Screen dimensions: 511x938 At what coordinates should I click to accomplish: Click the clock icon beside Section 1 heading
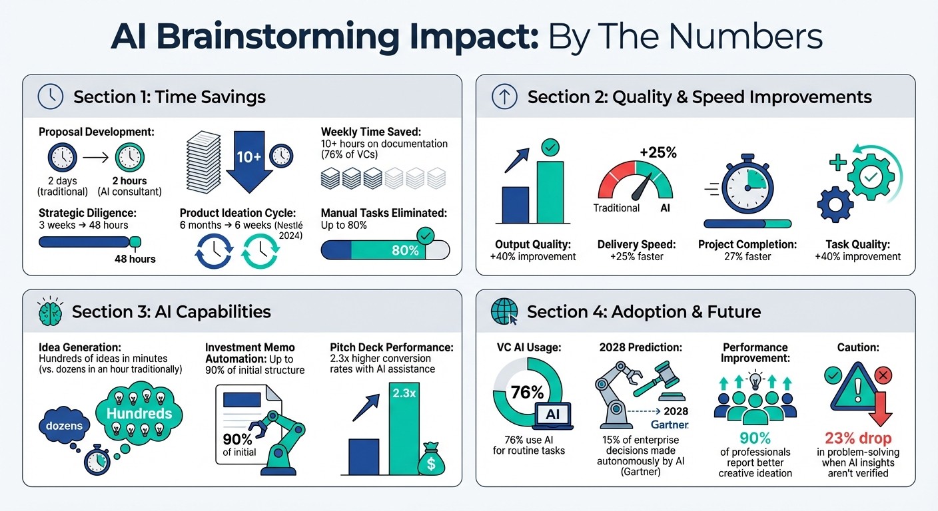[x=51, y=96]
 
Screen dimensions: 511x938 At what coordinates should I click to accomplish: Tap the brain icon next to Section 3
[x=50, y=311]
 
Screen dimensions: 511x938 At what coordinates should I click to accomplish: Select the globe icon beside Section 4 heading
[x=504, y=311]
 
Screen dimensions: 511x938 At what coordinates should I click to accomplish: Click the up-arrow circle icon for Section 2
[x=504, y=96]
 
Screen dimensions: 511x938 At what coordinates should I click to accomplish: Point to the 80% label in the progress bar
[x=405, y=251]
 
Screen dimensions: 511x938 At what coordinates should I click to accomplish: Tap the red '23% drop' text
[x=859, y=438]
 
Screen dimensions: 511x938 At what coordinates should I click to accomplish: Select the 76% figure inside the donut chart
[x=527, y=393]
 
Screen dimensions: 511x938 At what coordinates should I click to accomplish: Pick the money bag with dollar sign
[x=431, y=461]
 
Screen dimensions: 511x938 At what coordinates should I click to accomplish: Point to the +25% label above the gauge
[x=658, y=153]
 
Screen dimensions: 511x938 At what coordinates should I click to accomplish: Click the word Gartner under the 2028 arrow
[x=669, y=424]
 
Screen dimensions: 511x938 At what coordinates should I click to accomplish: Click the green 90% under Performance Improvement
[x=755, y=438]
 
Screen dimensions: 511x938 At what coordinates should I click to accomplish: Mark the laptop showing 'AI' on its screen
[x=553, y=414]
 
